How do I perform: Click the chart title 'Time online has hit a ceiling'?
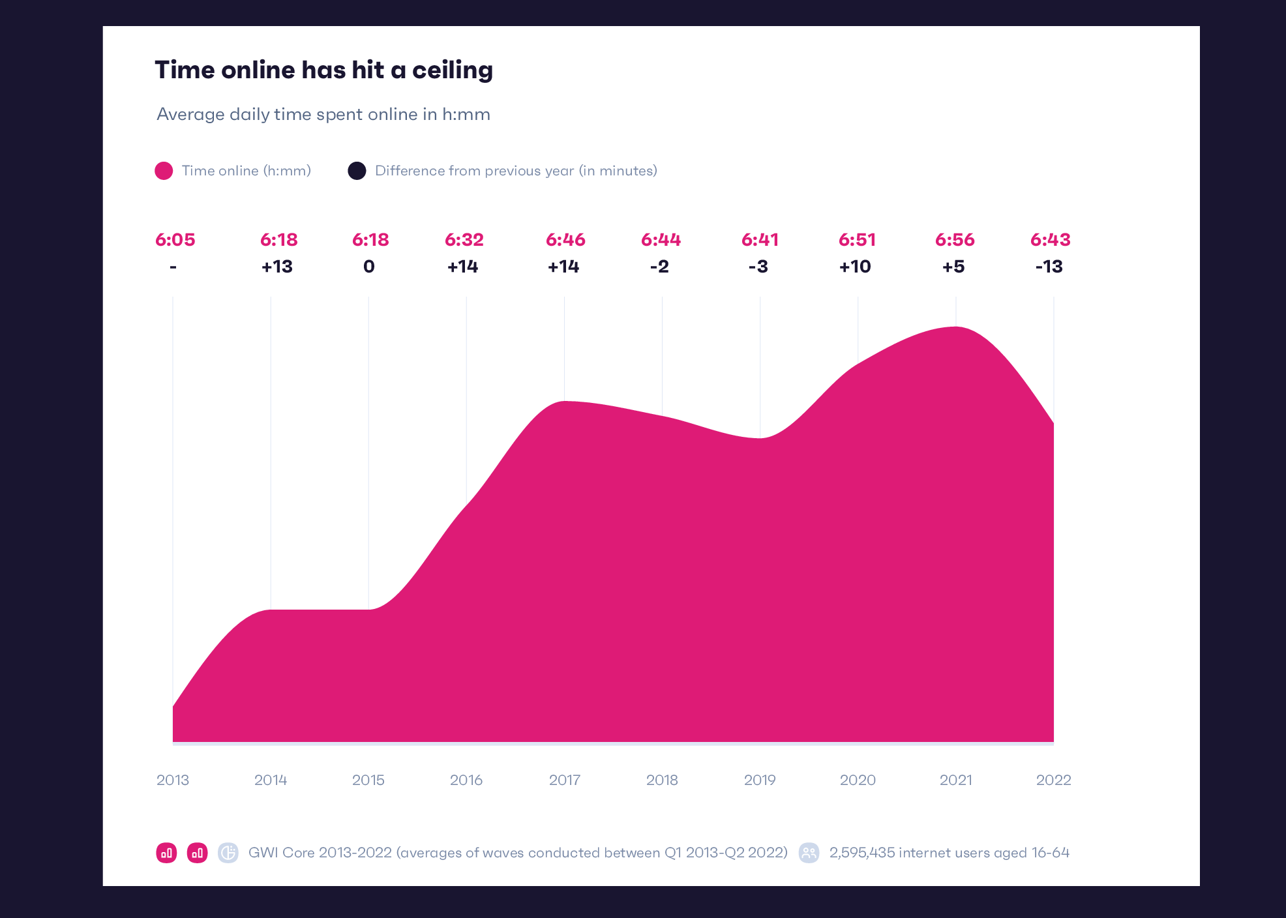tap(323, 70)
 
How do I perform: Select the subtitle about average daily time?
tap(323, 114)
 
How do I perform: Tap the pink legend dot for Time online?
tap(164, 171)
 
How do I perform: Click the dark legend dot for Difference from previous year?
tap(357, 171)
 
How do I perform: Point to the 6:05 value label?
tap(175, 240)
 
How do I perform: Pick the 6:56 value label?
tap(955, 240)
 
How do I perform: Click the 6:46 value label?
tap(565, 240)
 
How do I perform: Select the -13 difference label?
tap(1049, 267)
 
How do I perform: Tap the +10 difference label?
tap(855, 267)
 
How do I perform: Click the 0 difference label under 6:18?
tap(369, 267)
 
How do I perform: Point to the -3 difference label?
tap(758, 267)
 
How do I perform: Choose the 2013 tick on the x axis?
tap(173, 780)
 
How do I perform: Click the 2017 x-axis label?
tap(565, 780)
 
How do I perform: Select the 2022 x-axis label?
tap(1053, 780)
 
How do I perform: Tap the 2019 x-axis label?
tap(760, 780)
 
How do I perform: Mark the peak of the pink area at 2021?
tap(956, 327)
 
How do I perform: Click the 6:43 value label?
tap(1050, 240)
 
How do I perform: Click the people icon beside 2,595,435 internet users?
tap(809, 853)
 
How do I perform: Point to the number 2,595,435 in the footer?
tap(861, 853)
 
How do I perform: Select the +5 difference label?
tap(953, 267)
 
